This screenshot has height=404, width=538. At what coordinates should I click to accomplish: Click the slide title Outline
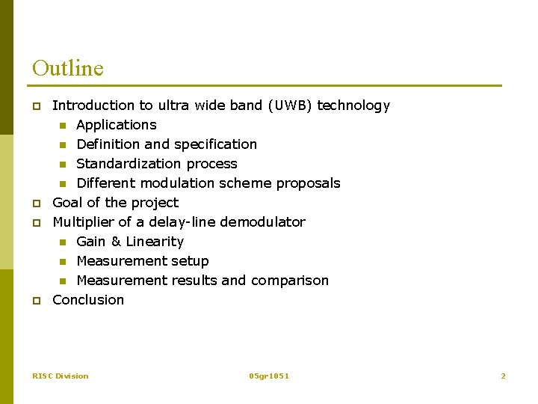tap(68, 68)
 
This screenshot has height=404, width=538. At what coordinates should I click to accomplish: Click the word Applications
tap(117, 125)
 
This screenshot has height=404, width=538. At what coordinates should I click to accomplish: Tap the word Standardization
tap(119, 164)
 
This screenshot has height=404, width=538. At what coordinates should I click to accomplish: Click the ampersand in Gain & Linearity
tap(116, 242)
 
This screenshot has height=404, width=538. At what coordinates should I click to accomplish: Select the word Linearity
tap(155, 242)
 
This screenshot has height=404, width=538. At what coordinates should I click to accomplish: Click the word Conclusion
tap(88, 300)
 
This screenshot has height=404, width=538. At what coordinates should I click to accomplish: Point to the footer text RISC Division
tap(61, 376)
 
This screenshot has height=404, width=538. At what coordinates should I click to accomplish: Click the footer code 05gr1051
tap(269, 376)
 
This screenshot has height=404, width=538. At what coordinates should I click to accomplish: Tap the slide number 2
tap(503, 376)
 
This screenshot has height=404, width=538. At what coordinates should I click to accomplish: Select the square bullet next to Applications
tap(64, 126)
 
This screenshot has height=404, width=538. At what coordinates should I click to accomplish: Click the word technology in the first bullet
tap(353, 105)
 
